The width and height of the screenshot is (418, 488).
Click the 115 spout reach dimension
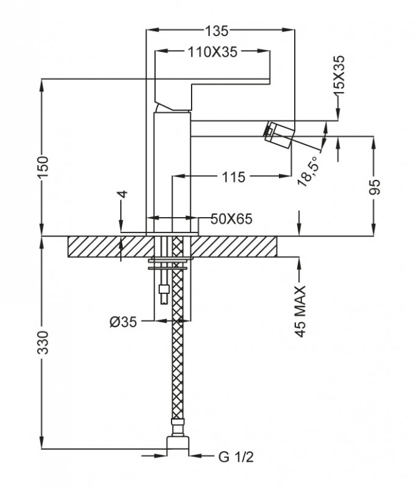(x=233, y=178)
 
